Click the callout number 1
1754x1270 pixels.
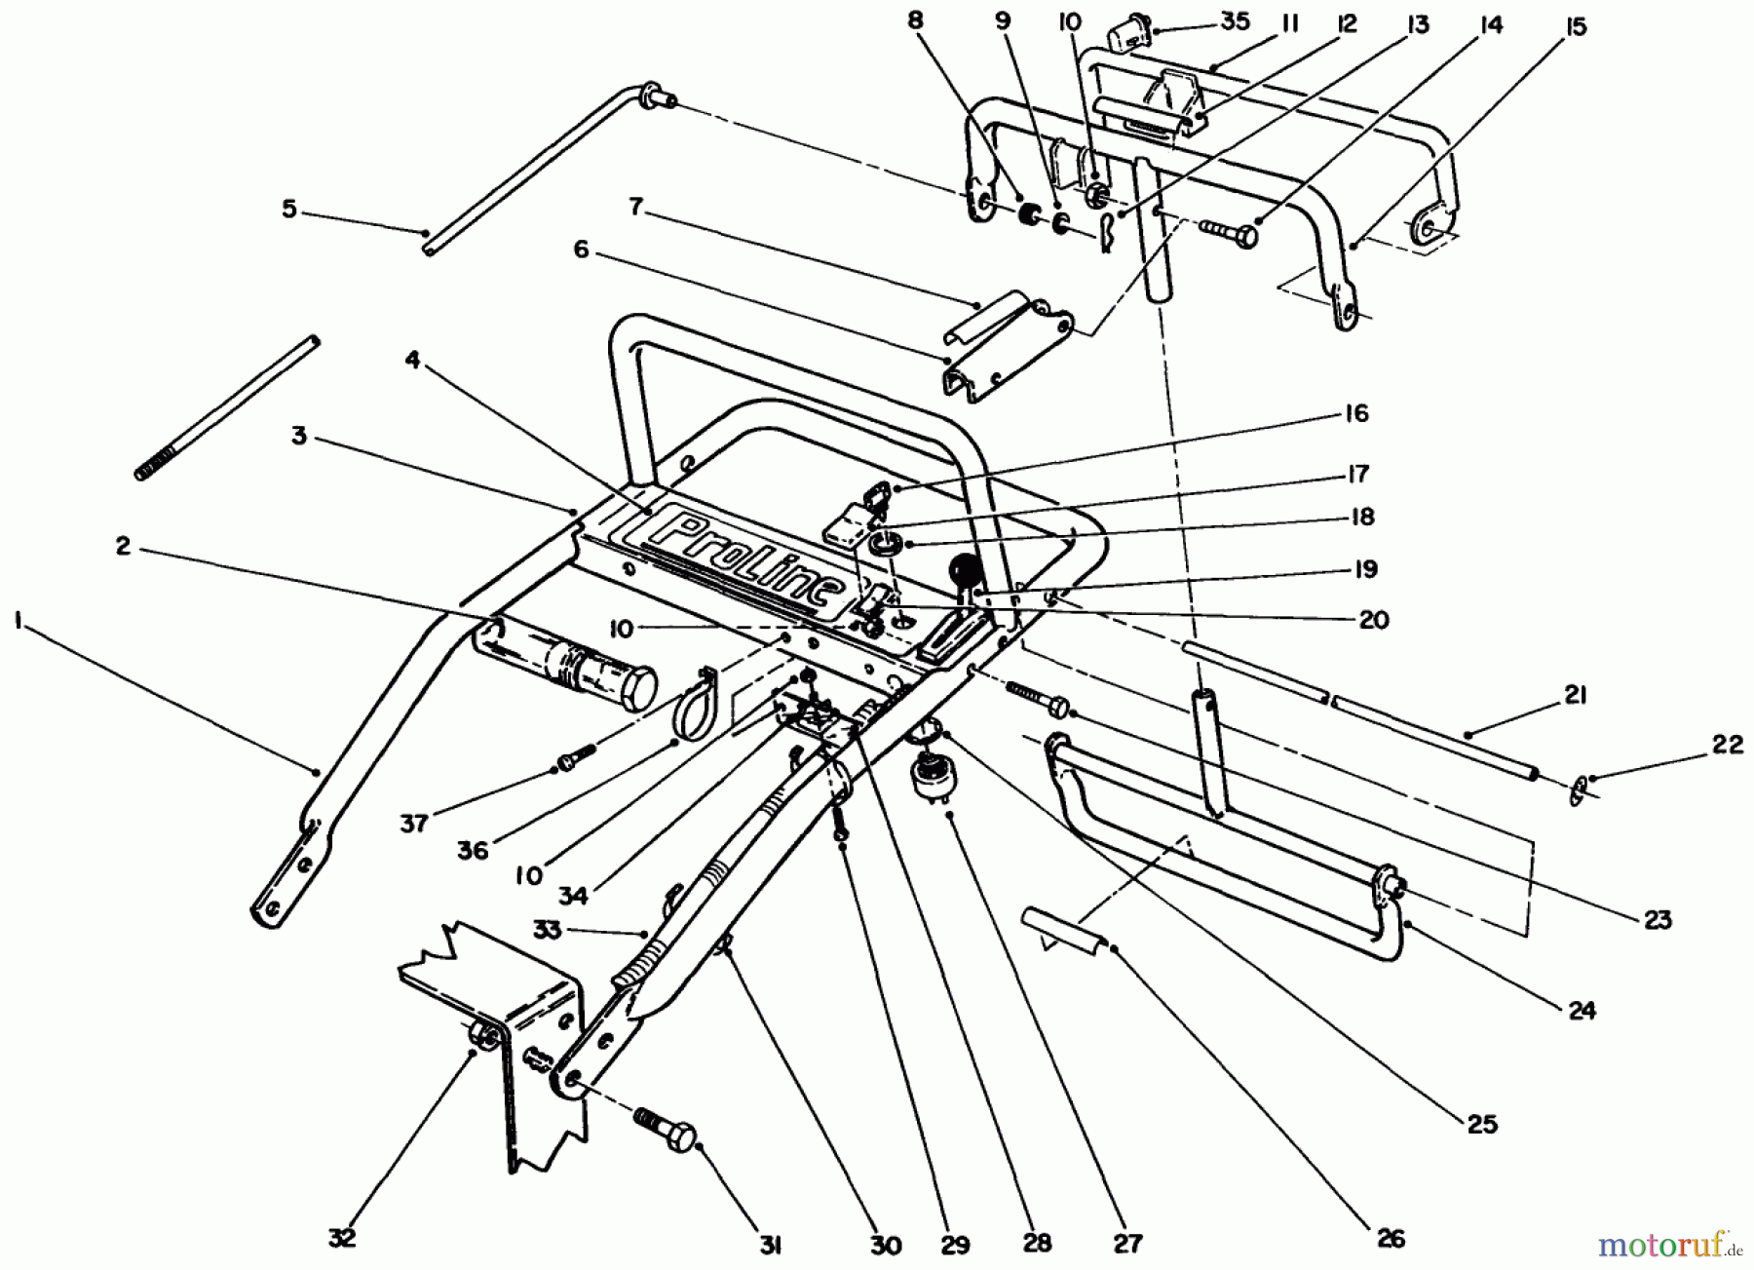coord(19,621)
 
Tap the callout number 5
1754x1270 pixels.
coord(289,209)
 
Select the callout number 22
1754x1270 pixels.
coord(1727,745)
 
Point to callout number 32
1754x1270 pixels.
coord(342,1237)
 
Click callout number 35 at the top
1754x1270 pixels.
coord(1235,20)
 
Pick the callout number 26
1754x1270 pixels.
coord(1391,1237)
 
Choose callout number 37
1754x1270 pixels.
coord(414,824)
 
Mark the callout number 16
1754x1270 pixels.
coord(1355,413)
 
